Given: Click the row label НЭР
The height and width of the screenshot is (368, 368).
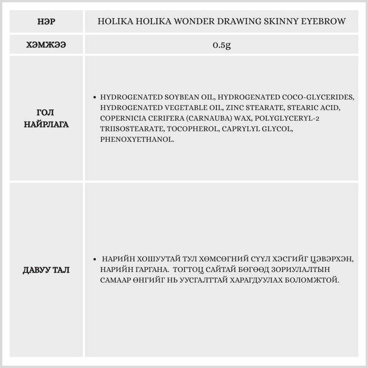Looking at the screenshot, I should [46, 21].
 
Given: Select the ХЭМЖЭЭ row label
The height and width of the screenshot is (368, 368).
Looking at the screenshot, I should [46, 45].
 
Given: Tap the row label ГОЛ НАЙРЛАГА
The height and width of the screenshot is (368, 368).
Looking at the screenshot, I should [46, 118].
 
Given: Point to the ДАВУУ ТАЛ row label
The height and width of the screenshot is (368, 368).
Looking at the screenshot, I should [46, 270].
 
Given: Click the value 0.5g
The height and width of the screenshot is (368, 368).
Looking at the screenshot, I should [222, 45].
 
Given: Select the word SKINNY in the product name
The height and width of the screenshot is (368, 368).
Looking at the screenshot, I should [280, 21].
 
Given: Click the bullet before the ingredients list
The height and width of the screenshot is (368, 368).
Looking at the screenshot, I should [95, 98].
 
